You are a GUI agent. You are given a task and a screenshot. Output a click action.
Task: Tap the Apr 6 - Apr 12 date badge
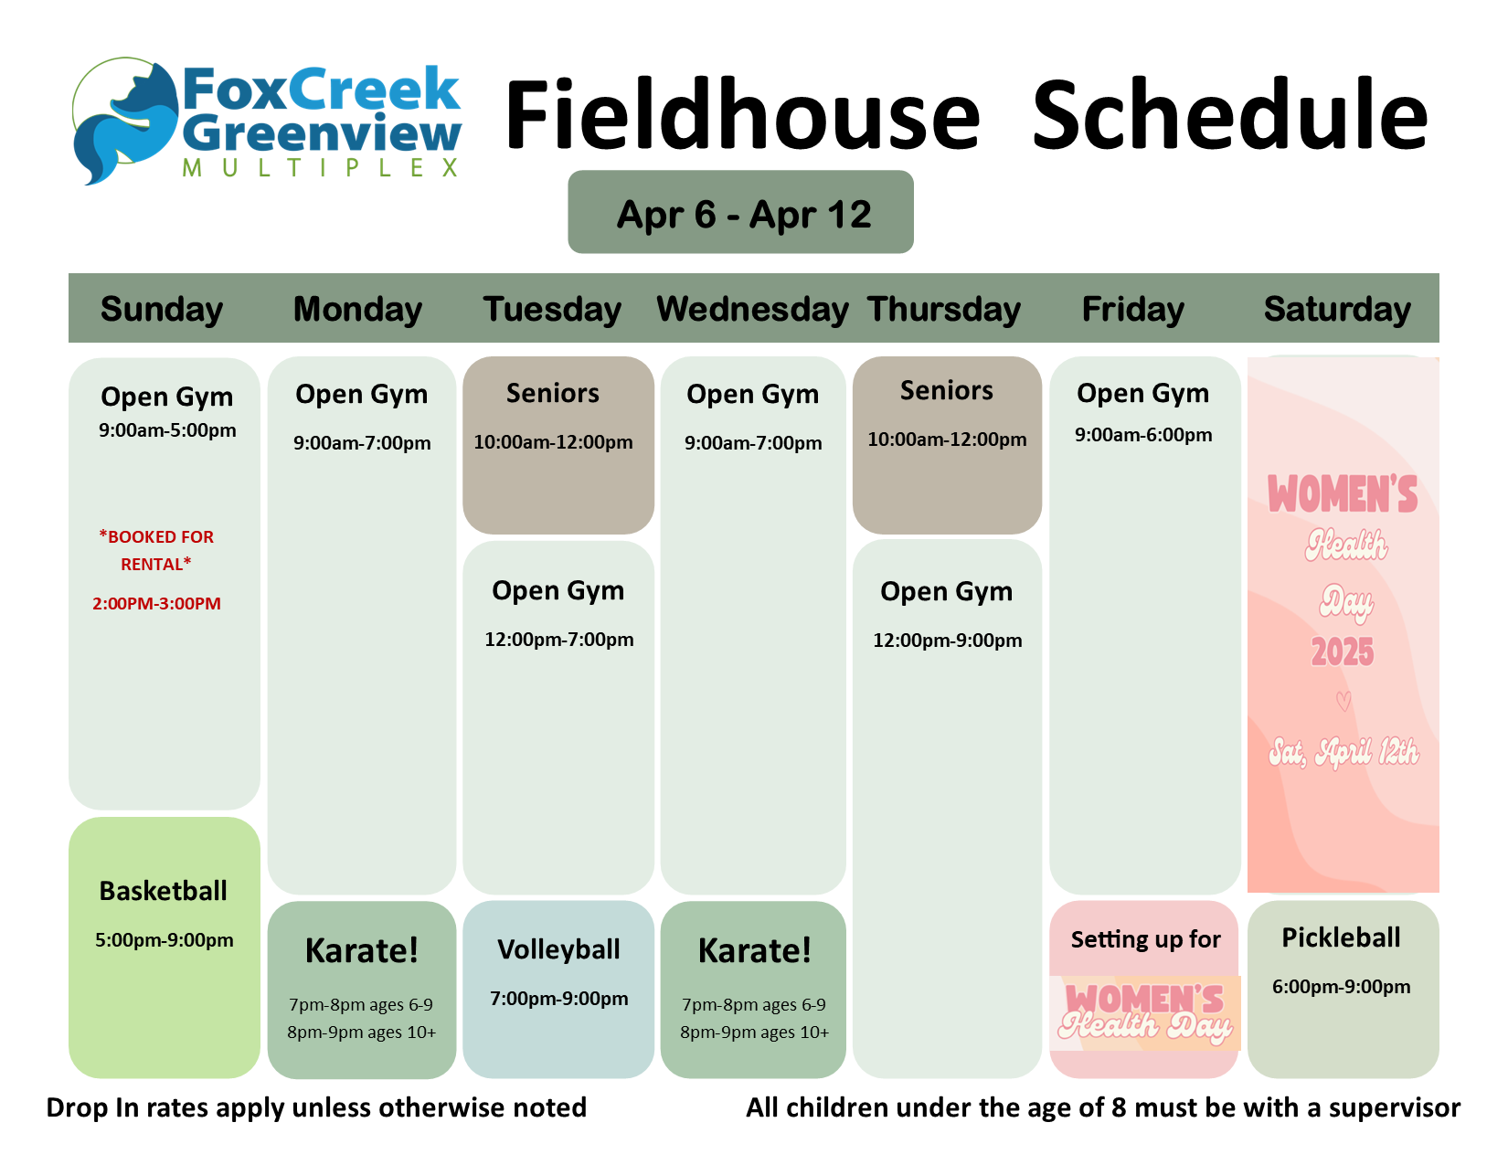740,212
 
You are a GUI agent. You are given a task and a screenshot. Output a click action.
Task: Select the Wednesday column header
752,310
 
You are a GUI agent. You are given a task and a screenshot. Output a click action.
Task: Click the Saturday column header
1336,310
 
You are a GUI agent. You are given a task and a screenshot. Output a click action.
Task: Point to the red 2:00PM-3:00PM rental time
157,604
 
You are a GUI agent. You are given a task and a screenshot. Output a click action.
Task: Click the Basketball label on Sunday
163,891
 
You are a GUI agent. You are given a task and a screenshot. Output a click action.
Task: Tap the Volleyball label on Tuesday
558,950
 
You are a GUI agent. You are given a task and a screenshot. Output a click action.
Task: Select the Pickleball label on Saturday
1341,937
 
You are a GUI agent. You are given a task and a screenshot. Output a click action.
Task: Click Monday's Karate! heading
362,950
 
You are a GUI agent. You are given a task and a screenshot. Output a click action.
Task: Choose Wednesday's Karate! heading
754,950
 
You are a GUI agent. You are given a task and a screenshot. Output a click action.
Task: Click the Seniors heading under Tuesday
552,394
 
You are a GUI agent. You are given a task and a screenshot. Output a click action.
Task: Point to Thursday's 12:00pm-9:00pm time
947,641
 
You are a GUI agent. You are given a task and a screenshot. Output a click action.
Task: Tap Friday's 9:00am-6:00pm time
1143,435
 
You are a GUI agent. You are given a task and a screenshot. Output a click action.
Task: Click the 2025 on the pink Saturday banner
1343,652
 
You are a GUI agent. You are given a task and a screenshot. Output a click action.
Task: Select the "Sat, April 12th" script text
1343,753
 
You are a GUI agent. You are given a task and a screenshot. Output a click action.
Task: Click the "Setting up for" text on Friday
1146,939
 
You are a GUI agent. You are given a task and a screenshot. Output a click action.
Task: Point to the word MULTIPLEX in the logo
320,168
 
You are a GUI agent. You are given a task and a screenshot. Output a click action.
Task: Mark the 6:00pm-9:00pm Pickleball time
1341,987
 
